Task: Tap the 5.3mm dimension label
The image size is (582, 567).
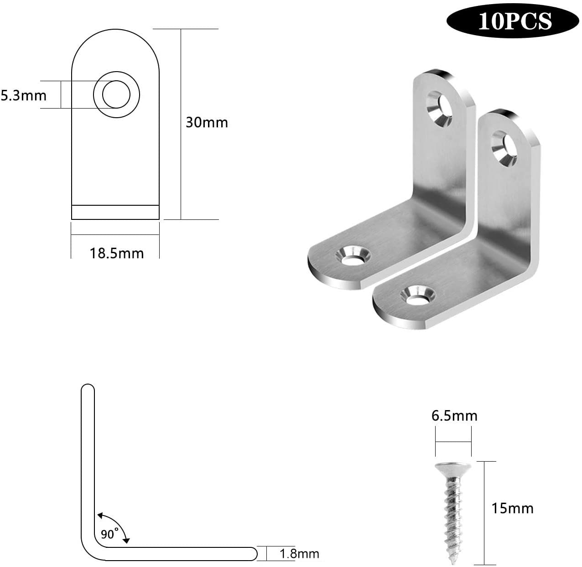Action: point(24,96)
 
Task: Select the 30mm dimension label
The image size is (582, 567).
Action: point(207,123)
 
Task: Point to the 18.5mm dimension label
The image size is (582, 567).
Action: point(117,253)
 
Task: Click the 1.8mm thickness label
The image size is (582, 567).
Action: point(299,553)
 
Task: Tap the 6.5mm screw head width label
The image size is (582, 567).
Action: point(454,416)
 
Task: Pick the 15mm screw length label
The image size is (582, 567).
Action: point(513,509)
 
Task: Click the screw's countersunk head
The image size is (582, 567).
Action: point(453,469)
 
